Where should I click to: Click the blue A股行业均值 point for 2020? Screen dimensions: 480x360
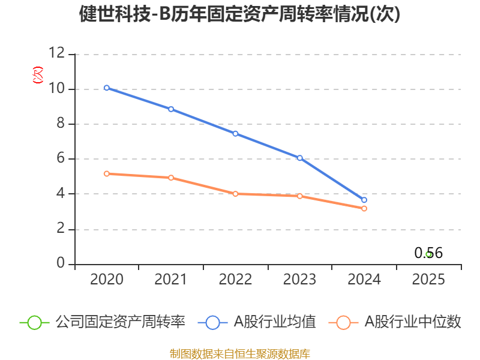(107, 88)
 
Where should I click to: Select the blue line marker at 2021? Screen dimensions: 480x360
(171, 109)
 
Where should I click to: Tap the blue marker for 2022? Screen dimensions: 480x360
(235, 134)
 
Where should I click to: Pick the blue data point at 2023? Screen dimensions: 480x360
(299, 158)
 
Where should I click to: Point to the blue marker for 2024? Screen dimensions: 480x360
(364, 200)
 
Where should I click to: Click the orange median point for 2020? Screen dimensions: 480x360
(107, 173)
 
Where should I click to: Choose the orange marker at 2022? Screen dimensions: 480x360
(235, 194)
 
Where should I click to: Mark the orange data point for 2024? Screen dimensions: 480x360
(364, 208)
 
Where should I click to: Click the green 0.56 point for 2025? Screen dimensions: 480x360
(428, 254)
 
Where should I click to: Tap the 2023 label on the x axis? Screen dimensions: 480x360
(299, 279)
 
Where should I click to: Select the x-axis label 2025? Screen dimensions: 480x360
(428, 279)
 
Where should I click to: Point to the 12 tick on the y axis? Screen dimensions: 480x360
(57, 53)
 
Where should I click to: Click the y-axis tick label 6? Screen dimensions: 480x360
(61, 158)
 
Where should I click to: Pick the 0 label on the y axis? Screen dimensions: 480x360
(61, 263)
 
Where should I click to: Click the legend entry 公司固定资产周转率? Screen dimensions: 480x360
(103, 322)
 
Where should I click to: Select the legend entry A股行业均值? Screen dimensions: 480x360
(257, 322)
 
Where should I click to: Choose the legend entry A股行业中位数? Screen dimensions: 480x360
(395, 322)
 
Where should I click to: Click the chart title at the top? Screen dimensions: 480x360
(239, 14)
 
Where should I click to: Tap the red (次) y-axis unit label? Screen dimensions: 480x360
(38, 75)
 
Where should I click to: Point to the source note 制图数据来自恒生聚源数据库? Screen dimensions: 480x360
(240, 354)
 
